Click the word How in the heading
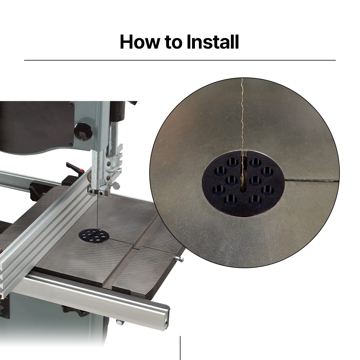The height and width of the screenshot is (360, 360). coord(140,42)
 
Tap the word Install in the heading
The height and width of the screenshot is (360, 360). coord(213,42)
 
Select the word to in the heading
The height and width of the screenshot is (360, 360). coord(172,42)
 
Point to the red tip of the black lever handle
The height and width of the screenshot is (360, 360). coord(81,171)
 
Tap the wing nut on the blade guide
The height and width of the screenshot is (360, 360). coord(115,185)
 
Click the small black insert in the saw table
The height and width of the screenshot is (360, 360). coord(94,236)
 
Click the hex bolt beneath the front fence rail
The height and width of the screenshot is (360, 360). coord(119,322)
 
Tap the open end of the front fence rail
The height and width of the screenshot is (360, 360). coord(166,318)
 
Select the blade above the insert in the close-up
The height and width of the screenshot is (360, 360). coord(242,115)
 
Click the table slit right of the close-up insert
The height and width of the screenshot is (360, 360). coord(312,180)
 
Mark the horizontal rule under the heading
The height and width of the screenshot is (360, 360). coord(180,60)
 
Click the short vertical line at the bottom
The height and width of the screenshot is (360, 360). coord(180,348)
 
